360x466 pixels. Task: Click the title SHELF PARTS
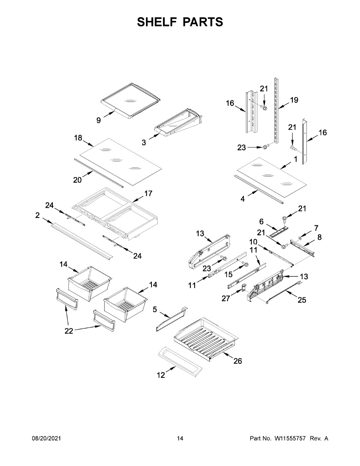[x=180, y=22]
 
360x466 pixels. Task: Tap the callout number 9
[x=99, y=120]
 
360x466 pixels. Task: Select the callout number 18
[x=78, y=137]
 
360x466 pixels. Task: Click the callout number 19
[x=294, y=100]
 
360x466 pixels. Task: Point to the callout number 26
[x=238, y=361]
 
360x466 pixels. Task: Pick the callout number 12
[x=161, y=375]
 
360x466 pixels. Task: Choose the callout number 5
[x=155, y=310]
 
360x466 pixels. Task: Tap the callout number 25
[x=301, y=300]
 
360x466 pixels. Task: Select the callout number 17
[x=148, y=193]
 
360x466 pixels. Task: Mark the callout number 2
[x=37, y=215]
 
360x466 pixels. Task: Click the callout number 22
[x=69, y=331]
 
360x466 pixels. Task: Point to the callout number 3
[x=144, y=143]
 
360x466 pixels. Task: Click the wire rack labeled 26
[x=206, y=338]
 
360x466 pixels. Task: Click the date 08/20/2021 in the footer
[x=46, y=438]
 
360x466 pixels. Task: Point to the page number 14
[x=180, y=438]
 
